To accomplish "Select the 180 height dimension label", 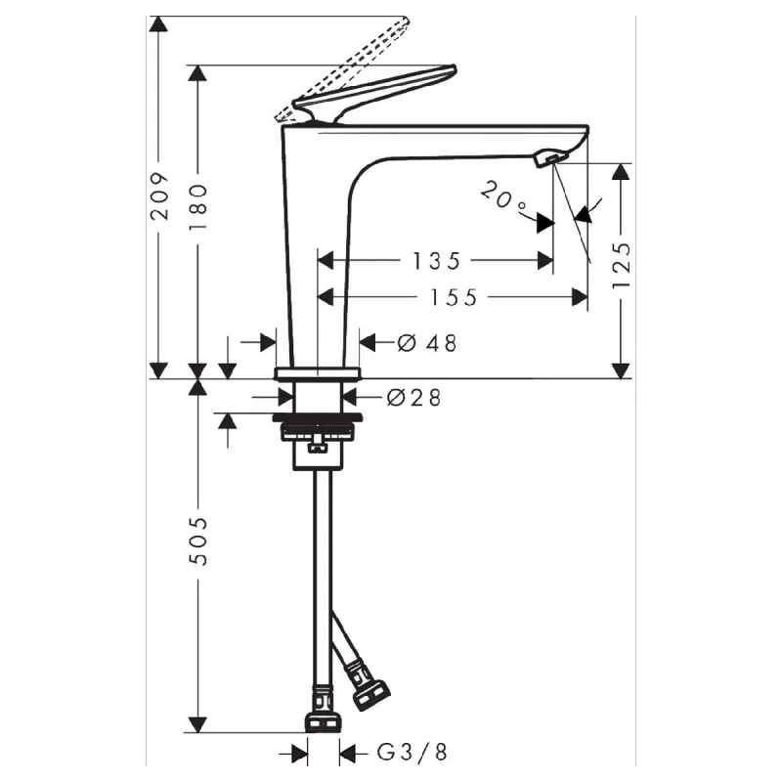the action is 197,206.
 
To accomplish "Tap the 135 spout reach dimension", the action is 436,261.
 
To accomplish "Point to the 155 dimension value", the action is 454,297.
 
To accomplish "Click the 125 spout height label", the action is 622,265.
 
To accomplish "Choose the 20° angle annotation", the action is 503,196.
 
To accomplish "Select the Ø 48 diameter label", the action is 427,343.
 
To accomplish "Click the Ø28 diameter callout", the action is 413,398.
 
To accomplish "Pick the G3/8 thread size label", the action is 412,752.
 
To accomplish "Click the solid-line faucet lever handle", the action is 374,94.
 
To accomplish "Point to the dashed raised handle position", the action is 342,68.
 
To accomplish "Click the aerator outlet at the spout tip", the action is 549,159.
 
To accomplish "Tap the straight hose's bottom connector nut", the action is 324,723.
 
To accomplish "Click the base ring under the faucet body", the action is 317,373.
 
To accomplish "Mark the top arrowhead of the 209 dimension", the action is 158,23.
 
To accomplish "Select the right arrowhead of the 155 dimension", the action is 580,297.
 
